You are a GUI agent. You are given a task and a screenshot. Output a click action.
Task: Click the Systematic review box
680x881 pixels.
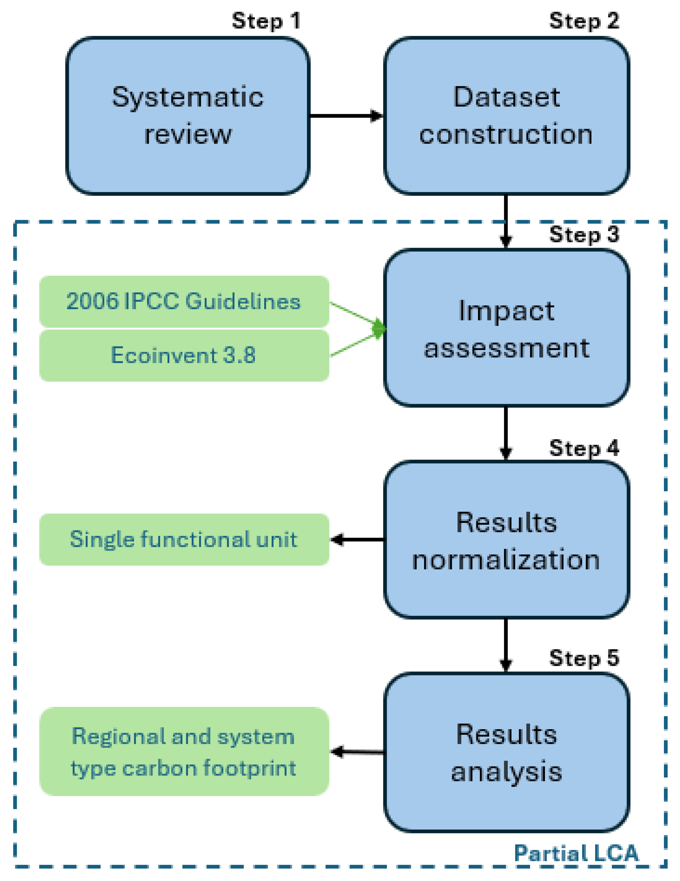point(188,116)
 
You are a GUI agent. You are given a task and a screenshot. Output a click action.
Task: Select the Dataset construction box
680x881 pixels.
point(506,116)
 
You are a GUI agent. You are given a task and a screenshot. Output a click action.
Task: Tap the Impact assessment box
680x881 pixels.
point(506,328)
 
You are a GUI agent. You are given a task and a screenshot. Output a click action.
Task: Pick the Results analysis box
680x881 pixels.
point(506,753)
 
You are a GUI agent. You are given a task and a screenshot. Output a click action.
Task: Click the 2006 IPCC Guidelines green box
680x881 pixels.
point(184,301)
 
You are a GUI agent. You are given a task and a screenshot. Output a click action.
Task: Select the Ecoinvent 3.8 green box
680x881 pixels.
point(184,355)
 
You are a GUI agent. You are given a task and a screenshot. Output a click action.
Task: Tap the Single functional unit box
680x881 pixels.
point(184,539)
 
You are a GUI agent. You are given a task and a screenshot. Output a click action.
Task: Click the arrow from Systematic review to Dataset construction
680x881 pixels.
point(345,116)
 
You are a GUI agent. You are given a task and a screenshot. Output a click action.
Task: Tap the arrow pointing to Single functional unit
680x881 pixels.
point(357,539)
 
